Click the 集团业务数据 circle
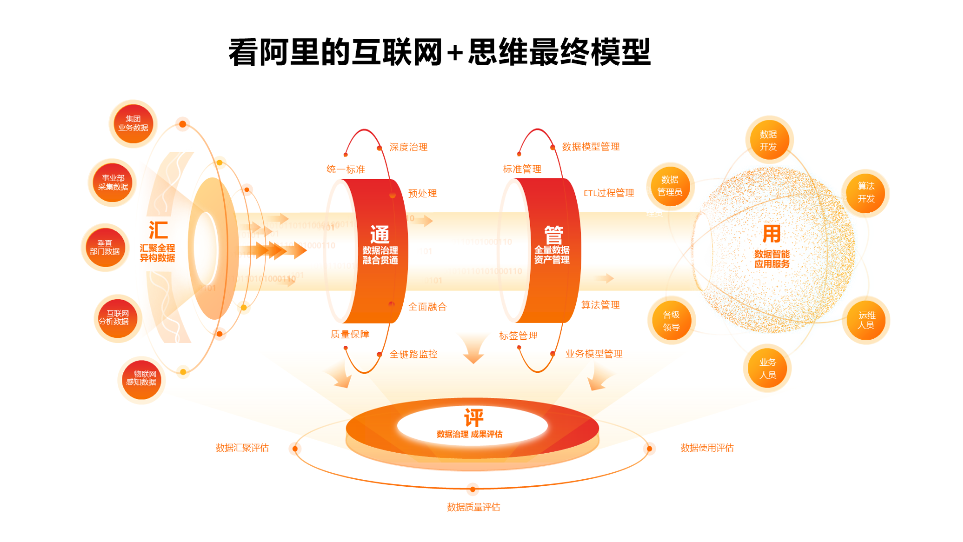pos(133,123)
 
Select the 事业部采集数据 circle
pos(113,183)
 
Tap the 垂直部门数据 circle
pos(105,247)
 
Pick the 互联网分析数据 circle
pos(118,318)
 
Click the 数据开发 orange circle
pos(768,141)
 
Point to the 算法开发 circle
pos(866,193)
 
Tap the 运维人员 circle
pos(866,320)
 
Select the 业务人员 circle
pos(767,368)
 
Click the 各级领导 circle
pos(671,321)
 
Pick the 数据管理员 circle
pos(670,186)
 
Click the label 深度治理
pos(408,147)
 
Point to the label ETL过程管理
pos(608,193)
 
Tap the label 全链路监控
pos(413,354)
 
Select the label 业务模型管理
pos(594,354)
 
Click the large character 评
pos(473,418)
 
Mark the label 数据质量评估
pos(473,507)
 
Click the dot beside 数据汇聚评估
pos(295,449)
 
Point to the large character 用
pos(771,234)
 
